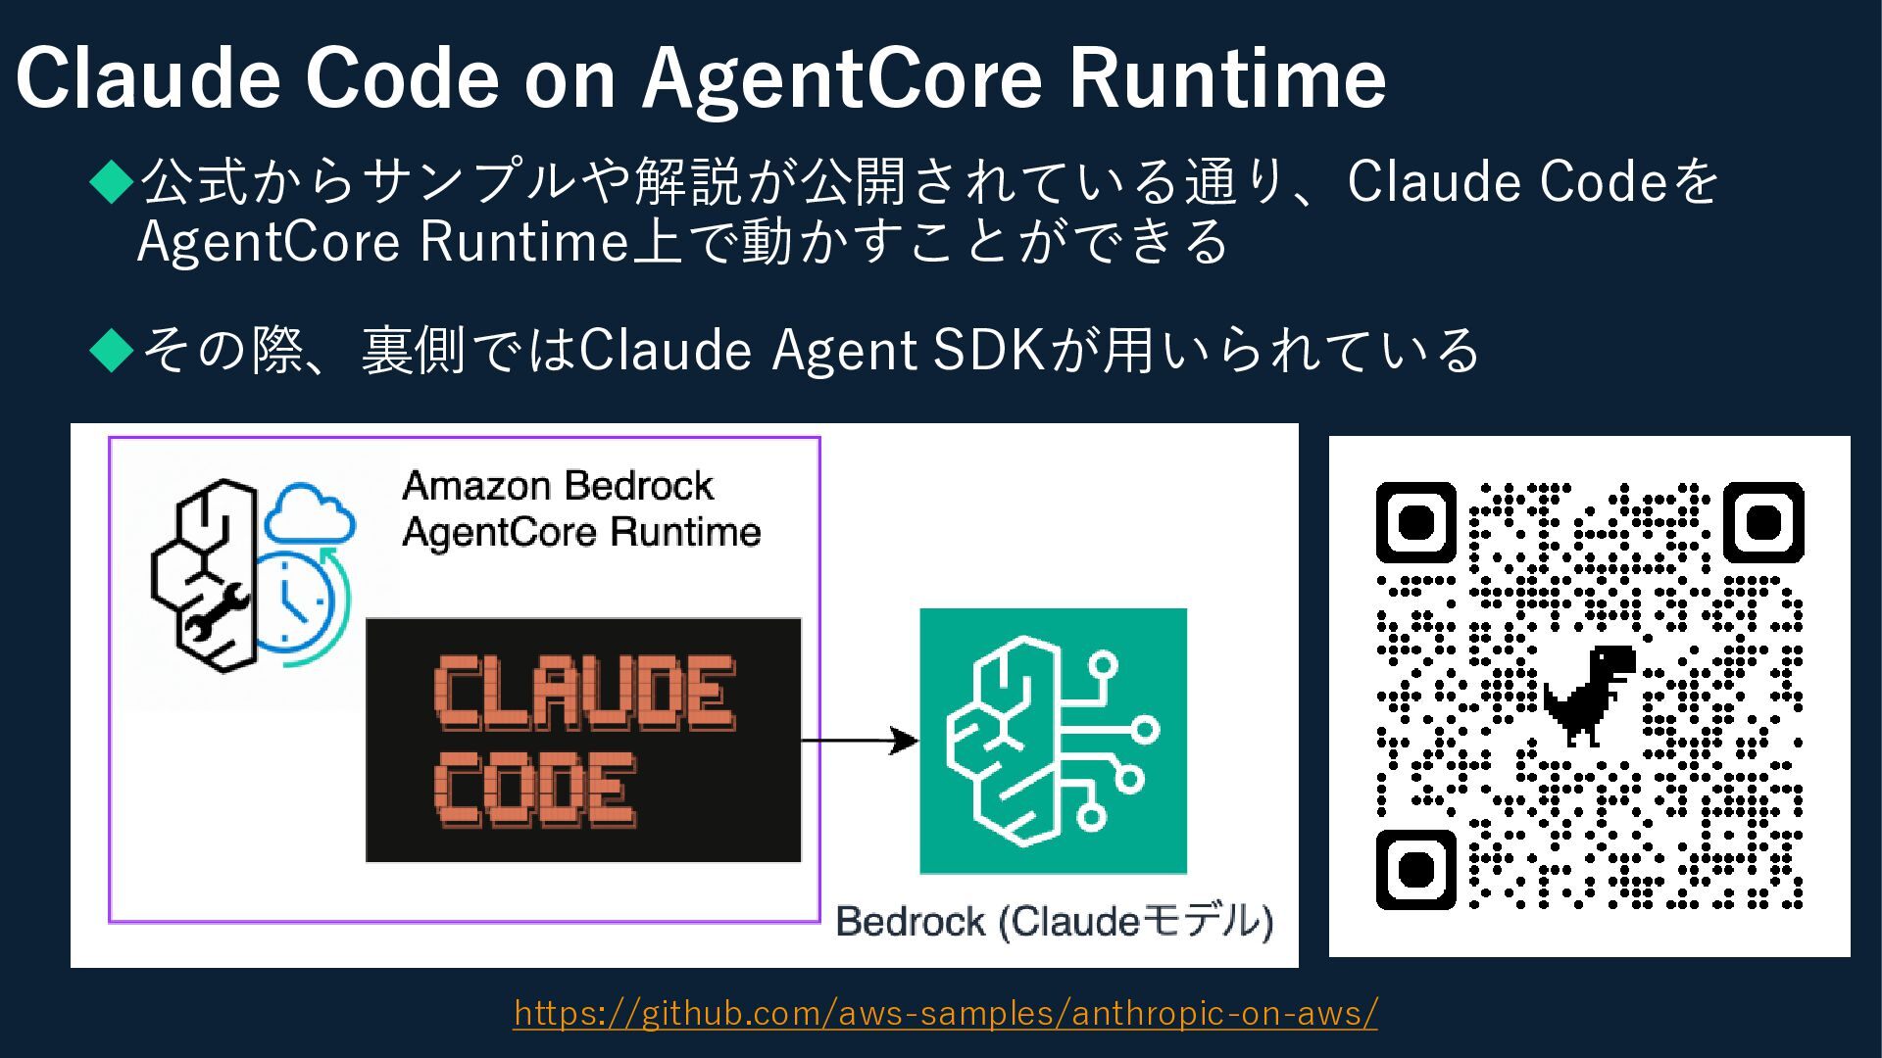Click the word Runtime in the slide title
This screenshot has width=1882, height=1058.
[1227, 78]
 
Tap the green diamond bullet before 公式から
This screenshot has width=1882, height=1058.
[112, 182]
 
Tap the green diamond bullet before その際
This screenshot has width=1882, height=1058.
[112, 350]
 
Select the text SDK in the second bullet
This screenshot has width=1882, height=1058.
[989, 350]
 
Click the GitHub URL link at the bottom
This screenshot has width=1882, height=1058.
[945, 1012]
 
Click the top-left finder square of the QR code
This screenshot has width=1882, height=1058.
[1416, 522]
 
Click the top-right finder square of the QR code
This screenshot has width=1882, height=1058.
[1763, 522]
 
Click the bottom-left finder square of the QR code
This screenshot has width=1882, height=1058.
[1416, 869]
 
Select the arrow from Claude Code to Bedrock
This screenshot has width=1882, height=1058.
[859, 742]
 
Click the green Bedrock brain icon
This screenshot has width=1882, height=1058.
[1053, 741]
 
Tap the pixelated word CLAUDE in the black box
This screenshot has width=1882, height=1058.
[584, 694]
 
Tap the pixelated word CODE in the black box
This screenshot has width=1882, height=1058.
[535, 790]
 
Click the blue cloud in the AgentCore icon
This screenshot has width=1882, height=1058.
[309, 514]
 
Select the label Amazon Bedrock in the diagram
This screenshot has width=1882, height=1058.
[558, 486]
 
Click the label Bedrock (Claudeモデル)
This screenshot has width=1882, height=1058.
[1054, 922]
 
